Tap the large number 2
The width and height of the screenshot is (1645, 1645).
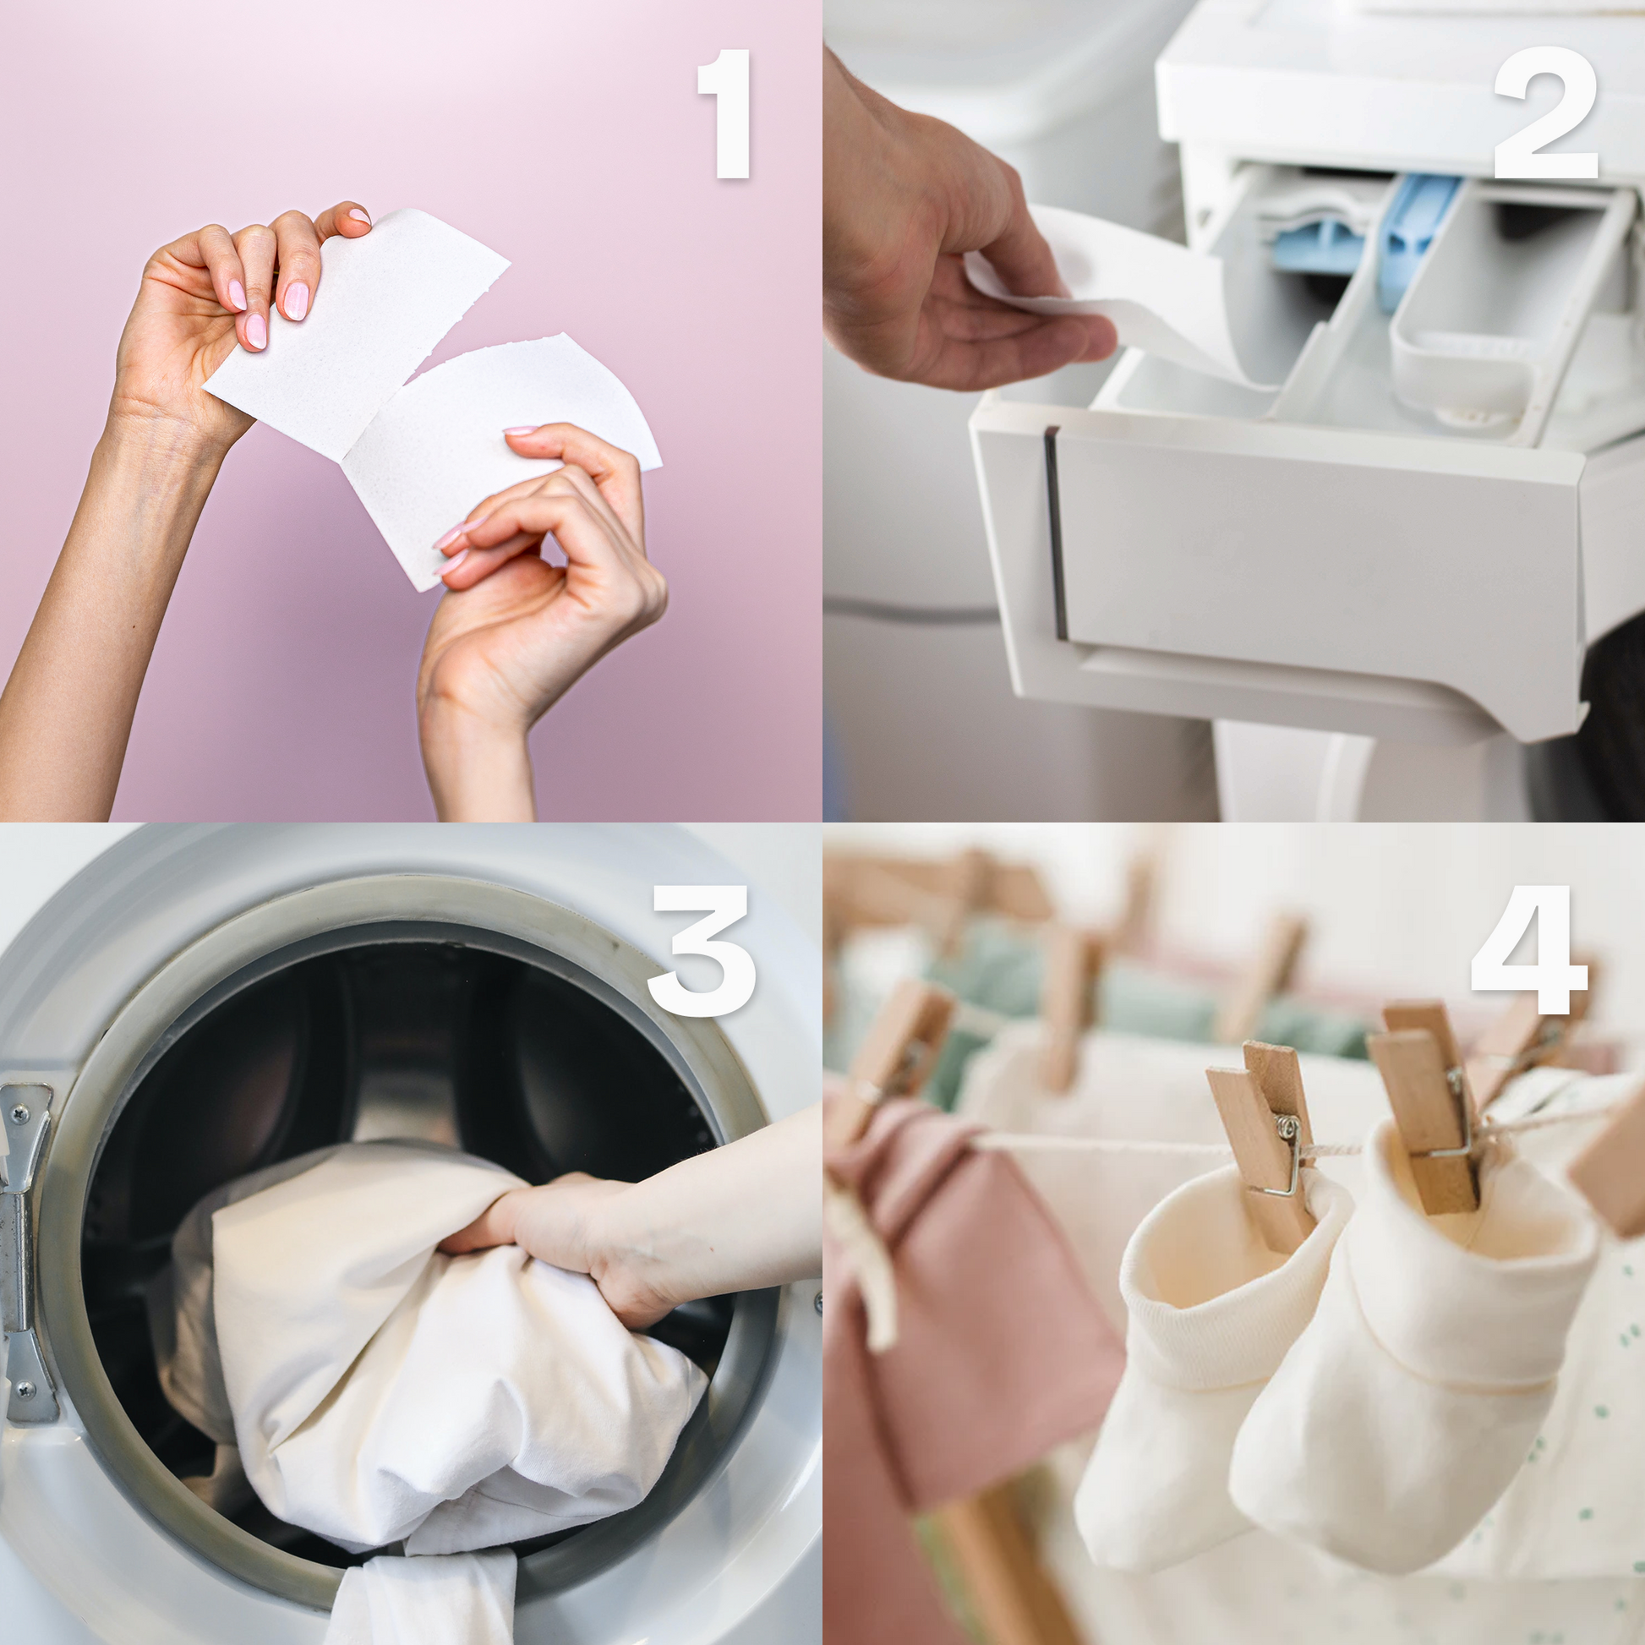coord(1544,112)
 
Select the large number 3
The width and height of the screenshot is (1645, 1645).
coord(702,950)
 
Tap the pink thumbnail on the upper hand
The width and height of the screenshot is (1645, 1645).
coord(255,331)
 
